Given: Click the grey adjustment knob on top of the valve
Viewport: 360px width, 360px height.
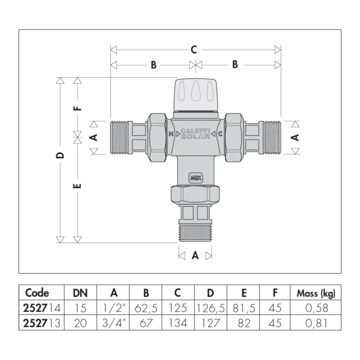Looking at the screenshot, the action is [x=196, y=95].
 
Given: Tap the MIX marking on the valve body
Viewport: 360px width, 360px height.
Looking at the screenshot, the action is [x=196, y=178].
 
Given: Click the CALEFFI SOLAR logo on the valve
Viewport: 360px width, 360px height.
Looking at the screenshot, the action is [x=196, y=133].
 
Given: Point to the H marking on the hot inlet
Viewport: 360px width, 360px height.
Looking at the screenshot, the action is [x=171, y=134].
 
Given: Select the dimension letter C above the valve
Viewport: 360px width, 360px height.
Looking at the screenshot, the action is [x=194, y=50].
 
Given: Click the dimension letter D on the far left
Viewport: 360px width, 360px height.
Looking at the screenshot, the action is [x=60, y=156].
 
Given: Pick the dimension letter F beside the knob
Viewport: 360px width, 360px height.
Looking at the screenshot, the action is [x=78, y=108].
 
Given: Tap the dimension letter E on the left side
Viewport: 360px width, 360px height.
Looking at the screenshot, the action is [x=78, y=186].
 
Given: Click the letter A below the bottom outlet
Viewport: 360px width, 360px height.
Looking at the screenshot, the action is [x=195, y=255].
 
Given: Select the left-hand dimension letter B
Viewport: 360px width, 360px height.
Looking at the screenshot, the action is [x=153, y=65].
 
